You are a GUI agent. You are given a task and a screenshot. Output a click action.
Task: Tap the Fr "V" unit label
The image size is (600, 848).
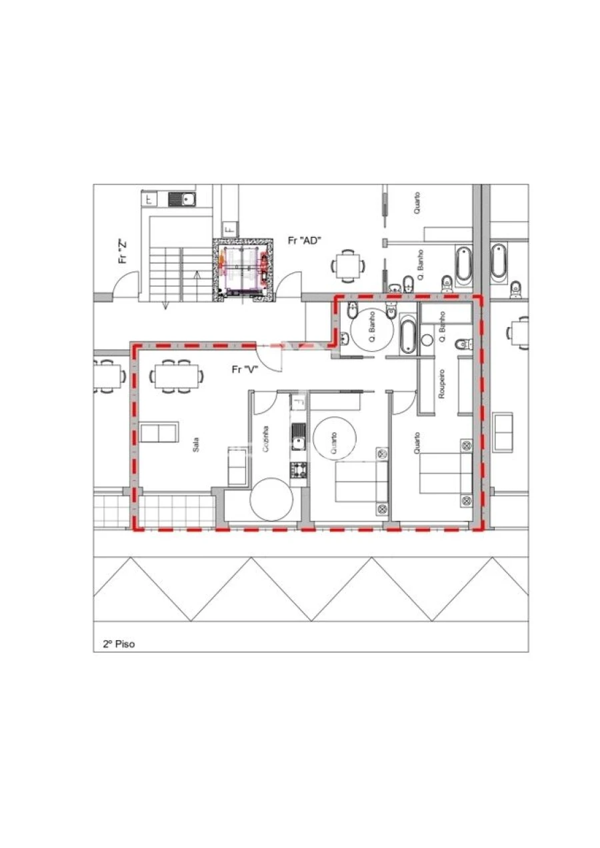coord(244,368)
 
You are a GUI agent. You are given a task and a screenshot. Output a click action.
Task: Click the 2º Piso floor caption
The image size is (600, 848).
coord(119,644)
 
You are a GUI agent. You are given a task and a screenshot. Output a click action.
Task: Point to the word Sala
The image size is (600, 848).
coord(196,445)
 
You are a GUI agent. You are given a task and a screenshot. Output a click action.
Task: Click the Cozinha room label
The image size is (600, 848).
coord(267,440)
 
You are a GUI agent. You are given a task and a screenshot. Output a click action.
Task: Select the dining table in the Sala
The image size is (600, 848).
coord(177,376)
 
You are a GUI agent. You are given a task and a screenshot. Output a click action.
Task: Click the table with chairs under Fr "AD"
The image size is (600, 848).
coord(347,266)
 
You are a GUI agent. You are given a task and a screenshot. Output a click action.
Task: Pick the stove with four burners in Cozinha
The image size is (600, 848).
coord(298,470)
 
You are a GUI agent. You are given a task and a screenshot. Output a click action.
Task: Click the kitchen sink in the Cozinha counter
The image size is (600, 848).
coord(298,436)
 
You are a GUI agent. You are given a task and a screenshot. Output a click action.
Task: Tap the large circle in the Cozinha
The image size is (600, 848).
coord(271,498)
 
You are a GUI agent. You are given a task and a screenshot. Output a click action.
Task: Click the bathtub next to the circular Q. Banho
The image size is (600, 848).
coord(407,335)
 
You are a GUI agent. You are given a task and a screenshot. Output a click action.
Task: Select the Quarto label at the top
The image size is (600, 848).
coord(417,203)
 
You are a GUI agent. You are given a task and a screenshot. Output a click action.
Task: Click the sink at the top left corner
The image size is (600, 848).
coord(180,199)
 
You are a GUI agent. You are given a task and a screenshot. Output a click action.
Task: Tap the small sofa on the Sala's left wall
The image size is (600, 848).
coord(159,432)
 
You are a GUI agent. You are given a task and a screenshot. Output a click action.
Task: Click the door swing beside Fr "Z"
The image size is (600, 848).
coord(127,286)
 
